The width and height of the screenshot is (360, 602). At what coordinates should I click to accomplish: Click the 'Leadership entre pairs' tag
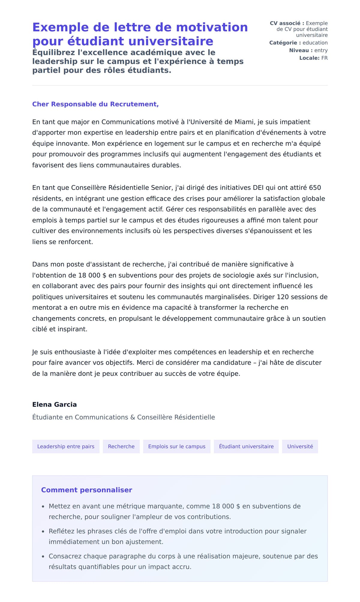(66, 447)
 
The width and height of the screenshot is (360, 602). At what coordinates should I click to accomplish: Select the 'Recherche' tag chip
(121, 447)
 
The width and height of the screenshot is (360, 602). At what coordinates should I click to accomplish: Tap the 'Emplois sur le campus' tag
(177, 447)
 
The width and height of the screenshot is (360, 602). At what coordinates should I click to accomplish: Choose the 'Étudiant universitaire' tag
(246, 447)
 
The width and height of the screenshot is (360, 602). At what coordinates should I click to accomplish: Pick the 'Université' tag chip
(300, 447)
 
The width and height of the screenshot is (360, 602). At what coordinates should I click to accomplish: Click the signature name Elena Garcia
(54, 405)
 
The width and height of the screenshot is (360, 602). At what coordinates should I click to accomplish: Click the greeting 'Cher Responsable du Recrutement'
(95, 104)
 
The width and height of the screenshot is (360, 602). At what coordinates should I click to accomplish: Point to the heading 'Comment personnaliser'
(86, 490)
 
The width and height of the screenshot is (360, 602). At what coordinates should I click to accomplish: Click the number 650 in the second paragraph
(315, 188)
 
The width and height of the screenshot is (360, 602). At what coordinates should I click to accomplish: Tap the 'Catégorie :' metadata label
(285, 43)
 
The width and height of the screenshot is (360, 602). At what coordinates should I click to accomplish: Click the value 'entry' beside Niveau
(321, 50)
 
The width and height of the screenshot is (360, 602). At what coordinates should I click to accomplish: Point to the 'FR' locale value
(324, 58)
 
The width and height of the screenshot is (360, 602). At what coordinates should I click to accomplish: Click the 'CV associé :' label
(287, 23)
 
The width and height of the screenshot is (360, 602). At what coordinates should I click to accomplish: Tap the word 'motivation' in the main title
(212, 27)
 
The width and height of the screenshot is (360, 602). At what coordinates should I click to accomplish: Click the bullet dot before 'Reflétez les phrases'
(43, 531)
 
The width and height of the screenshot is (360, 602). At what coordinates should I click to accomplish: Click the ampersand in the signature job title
(133, 417)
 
